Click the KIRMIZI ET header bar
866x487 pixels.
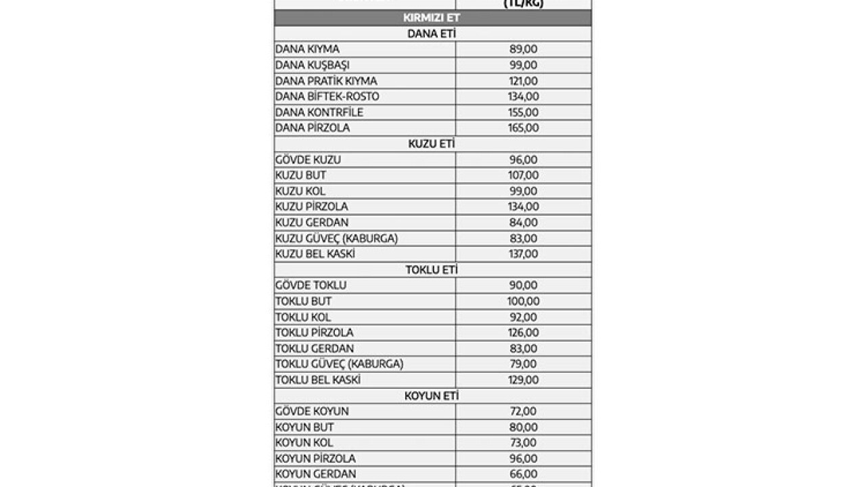point(432,18)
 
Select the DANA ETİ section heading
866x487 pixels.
point(432,34)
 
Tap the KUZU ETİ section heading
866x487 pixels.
point(432,144)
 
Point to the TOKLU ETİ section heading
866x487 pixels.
point(432,270)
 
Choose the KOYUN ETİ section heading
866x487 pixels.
point(432,396)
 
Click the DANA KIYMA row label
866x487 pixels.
point(307,49)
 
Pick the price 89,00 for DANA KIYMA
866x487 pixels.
point(523,49)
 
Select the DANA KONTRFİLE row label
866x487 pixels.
point(319,112)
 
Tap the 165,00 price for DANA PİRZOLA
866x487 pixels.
point(523,128)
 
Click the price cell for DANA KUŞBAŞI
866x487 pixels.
point(523,65)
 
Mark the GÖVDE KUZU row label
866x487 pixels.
point(308,160)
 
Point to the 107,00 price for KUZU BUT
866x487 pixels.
point(523,175)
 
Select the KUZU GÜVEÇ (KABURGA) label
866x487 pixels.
point(336,238)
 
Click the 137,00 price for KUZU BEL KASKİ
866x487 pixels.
point(523,254)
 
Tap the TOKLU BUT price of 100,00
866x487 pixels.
point(523,301)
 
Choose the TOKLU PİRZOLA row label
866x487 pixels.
point(314,332)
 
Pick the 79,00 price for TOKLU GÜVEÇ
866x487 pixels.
point(523,364)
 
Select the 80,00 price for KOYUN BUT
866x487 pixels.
point(523,427)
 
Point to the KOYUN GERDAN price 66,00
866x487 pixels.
point(523,474)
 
